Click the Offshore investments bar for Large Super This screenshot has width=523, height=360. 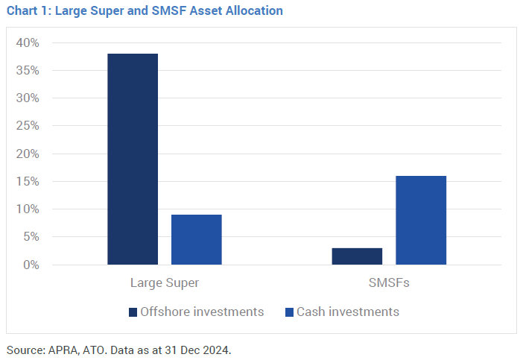pos(133,159)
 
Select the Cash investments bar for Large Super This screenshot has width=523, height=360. pos(197,239)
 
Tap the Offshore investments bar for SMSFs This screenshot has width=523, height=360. pos(357,256)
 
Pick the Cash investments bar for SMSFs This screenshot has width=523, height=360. pos(421,220)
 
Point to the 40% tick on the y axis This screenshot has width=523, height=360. pos(27,42)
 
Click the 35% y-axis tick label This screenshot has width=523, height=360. pos(27,71)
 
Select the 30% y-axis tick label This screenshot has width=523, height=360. pos(27,98)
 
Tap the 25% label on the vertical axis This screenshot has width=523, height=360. pos(27,126)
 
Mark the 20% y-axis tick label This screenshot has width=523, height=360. pos(27,154)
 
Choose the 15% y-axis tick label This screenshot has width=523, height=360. pos(27,182)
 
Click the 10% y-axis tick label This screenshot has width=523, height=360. pos(27,209)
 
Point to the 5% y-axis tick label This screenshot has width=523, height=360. pos(30,237)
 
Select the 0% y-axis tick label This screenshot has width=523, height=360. pos(30,265)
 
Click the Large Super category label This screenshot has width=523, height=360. pos(165,283)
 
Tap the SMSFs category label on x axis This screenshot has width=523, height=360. pos(389,283)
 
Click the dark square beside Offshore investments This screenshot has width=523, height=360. pos(133,312)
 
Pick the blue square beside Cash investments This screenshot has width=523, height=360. pos(290,312)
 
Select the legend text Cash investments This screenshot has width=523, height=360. pos(348,312)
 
